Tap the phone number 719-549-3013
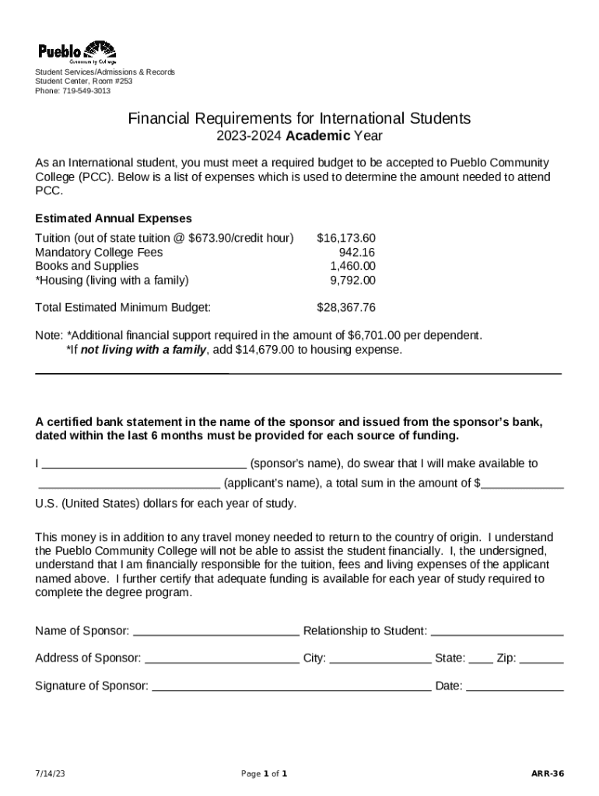point(86,91)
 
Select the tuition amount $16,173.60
point(346,238)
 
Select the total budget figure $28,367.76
point(346,308)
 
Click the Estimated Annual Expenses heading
point(114,218)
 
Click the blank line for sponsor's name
point(144,465)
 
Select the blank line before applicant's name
point(129,484)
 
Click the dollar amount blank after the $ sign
point(522,484)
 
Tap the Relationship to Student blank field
point(496,631)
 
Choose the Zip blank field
point(541,659)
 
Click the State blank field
point(481,659)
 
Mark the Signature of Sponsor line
point(291,687)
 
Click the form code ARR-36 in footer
point(548,774)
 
